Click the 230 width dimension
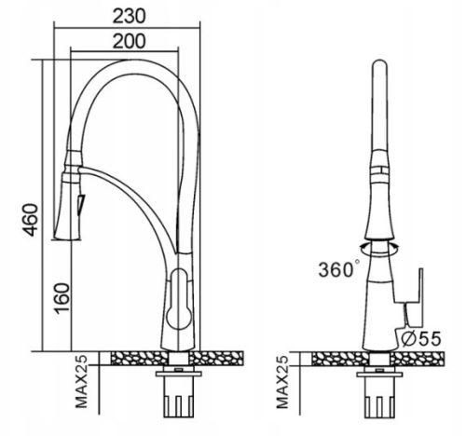(x=129, y=16)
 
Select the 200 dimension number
(x=129, y=41)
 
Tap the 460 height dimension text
(x=31, y=220)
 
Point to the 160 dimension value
(x=62, y=298)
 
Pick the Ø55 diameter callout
(x=421, y=339)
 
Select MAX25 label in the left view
(x=82, y=382)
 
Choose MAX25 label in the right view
(x=282, y=382)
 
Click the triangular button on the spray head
(x=81, y=205)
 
